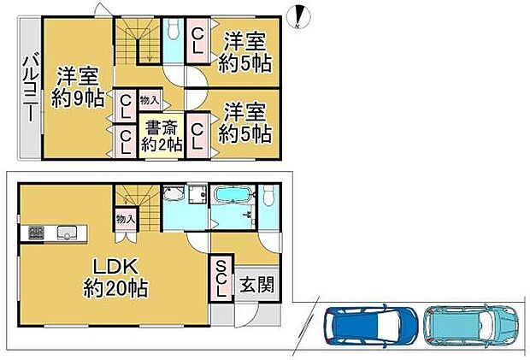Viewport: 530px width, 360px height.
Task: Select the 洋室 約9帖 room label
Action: click(x=78, y=87)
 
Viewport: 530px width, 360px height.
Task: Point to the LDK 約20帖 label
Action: click(x=115, y=278)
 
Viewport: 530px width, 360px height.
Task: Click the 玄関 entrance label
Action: click(x=257, y=284)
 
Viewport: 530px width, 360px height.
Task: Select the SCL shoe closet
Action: click(x=221, y=279)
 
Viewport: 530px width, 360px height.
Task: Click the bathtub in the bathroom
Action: click(x=233, y=195)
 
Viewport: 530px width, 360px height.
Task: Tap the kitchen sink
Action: click(x=67, y=233)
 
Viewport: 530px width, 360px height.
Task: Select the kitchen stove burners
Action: click(x=36, y=233)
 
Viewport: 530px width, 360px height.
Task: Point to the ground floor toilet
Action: click(x=270, y=195)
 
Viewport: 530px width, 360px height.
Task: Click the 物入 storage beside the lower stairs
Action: click(x=126, y=219)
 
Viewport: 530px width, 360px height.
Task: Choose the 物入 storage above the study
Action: click(x=149, y=100)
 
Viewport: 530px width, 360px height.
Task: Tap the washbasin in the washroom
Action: click(x=173, y=194)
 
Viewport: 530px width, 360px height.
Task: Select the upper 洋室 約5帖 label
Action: click(x=244, y=51)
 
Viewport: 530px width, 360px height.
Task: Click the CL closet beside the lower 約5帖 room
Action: click(x=197, y=136)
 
